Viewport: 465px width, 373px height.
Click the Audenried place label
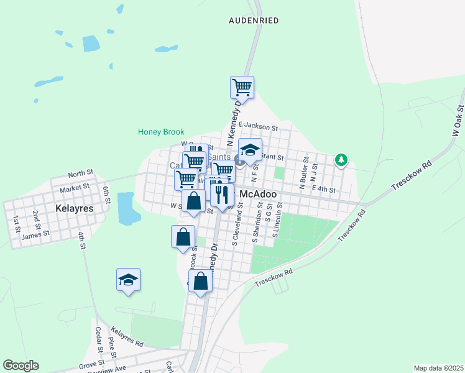pyautogui.click(x=253, y=20)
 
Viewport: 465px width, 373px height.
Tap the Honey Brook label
pyautogui.click(x=161, y=132)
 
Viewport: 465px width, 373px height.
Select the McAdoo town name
pyautogui.click(x=258, y=194)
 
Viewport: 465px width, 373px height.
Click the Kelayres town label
pyautogui.click(x=73, y=209)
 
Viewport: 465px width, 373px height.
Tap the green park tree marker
pyautogui.click(x=341, y=160)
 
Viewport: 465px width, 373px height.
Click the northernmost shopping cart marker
pyautogui.click(x=242, y=87)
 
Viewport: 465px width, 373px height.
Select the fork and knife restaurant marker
pyautogui.click(x=222, y=195)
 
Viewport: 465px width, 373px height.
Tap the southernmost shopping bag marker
pyautogui.click(x=201, y=282)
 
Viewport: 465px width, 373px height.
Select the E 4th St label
pyautogui.click(x=325, y=188)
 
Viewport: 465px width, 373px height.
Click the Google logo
pyautogui.click(x=21, y=366)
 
